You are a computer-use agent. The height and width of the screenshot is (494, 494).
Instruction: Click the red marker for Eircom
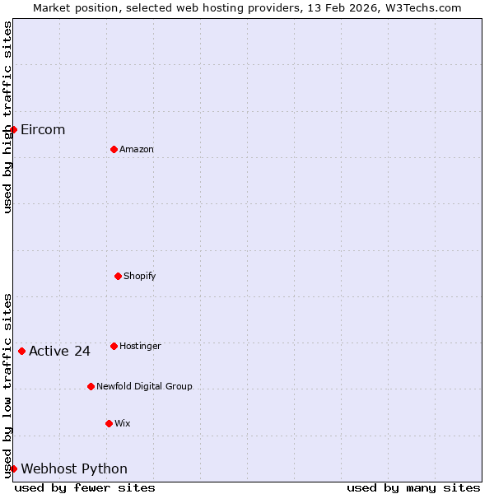[13, 129]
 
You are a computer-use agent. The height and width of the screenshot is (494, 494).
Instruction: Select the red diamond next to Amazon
[114, 149]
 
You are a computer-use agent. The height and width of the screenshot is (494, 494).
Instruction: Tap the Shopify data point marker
[118, 276]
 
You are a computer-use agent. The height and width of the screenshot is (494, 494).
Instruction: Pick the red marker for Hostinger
[114, 346]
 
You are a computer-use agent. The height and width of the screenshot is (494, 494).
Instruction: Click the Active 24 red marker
[21, 351]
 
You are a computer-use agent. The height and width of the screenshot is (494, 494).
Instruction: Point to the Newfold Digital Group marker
[91, 386]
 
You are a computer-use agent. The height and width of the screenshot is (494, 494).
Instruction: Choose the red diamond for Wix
[109, 423]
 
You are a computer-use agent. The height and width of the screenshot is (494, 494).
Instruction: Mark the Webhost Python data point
[13, 468]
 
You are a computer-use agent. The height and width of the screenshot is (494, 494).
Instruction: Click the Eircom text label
[43, 129]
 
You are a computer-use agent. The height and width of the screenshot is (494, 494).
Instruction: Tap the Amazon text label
[137, 149]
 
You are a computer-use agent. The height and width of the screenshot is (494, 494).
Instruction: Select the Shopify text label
[140, 276]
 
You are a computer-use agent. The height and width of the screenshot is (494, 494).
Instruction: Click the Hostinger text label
[140, 346]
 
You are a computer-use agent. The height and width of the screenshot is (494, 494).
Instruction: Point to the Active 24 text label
[59, 352]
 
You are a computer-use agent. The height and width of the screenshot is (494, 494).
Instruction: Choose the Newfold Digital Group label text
[144, 386]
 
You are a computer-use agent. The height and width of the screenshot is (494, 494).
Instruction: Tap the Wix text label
[122, 423]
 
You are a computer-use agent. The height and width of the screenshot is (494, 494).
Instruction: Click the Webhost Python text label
[74, 469]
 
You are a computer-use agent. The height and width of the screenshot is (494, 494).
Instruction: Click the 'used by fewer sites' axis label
[85, 487]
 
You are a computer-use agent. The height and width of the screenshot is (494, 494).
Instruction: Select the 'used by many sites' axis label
[413, 487]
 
